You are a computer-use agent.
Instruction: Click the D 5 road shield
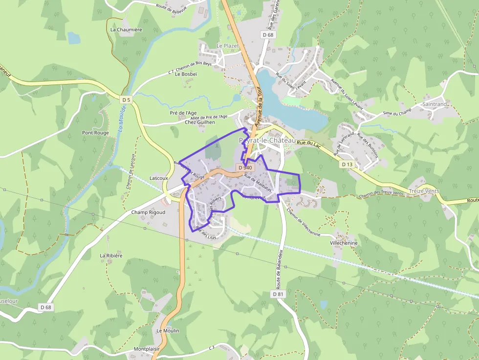(x=127, y=100)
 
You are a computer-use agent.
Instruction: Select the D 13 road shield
(x=347, y=164)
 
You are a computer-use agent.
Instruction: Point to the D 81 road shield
(x=278, y=294)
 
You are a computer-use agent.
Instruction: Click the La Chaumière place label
(x=126, y=29)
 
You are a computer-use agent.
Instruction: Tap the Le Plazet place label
(x=227, y=45)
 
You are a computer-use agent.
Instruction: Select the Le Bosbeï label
(x=186, y=74)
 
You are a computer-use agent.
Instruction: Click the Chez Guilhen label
(x=200, y=122)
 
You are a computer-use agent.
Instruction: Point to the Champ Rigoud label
(x=148, y=212)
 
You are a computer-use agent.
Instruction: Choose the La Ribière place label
(x=111, y=255)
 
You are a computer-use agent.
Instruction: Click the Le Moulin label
(x=168, y=331)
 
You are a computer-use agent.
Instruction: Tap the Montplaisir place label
(x=147, y=350)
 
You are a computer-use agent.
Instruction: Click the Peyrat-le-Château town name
(x=267, y=140)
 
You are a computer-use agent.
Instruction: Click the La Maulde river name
(x=122, y=120)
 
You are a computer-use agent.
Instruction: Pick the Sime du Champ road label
(x=396, y=113)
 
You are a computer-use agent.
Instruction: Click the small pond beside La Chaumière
(x=74, y=38)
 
